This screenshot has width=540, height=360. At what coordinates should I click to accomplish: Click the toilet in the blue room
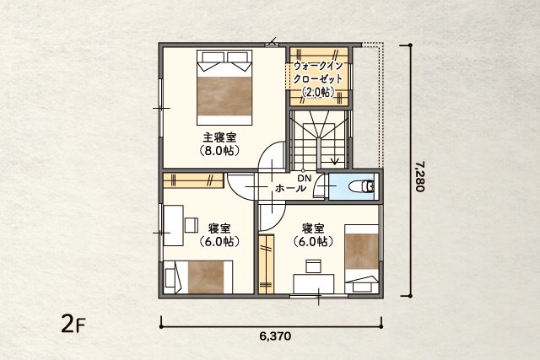pyautogui.click(x=362, y=186)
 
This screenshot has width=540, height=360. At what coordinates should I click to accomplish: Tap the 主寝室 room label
pyautogui.click(x=219, y=137)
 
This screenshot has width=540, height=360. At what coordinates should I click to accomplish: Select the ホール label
pyautogui.click(x=290, y=188)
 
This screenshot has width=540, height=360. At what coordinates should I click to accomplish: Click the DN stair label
pyautogui.click(x=305, y=178)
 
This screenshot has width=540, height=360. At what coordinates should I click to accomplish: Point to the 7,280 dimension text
pyautogui.click(x=420, y=176)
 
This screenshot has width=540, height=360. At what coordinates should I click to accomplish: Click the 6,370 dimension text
pyautogui.click(x=275, y=336)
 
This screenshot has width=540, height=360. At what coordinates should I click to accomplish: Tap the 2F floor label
pyautogui.click(x=73, y=324)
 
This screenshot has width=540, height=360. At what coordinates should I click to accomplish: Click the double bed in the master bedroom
pyautogui.click(x=224, y=88)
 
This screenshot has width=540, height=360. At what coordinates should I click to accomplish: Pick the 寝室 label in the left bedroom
pyautogui.click(x=219, y=228)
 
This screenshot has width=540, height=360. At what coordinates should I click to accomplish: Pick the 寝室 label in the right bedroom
pyautogui.click(x=313, y=228)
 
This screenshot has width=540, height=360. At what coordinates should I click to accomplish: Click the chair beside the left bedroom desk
pyautogui.click(x=192, y=225)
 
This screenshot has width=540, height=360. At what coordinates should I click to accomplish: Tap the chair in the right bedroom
pyautogui.click(x=313, y=266)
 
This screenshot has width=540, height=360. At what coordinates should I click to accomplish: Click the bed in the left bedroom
pyautogui.click(x=198, y=277)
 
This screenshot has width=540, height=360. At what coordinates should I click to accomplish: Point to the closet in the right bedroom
pyautogui.click(x=267, y=265)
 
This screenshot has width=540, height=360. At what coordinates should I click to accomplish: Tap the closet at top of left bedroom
pyautogui.click(x=193, y=180)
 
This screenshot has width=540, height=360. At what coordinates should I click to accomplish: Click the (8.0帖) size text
pyautogui.click(x=219, y=151)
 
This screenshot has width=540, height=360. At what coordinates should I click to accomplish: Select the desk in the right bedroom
pyautogui.click(x=313, y=284)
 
